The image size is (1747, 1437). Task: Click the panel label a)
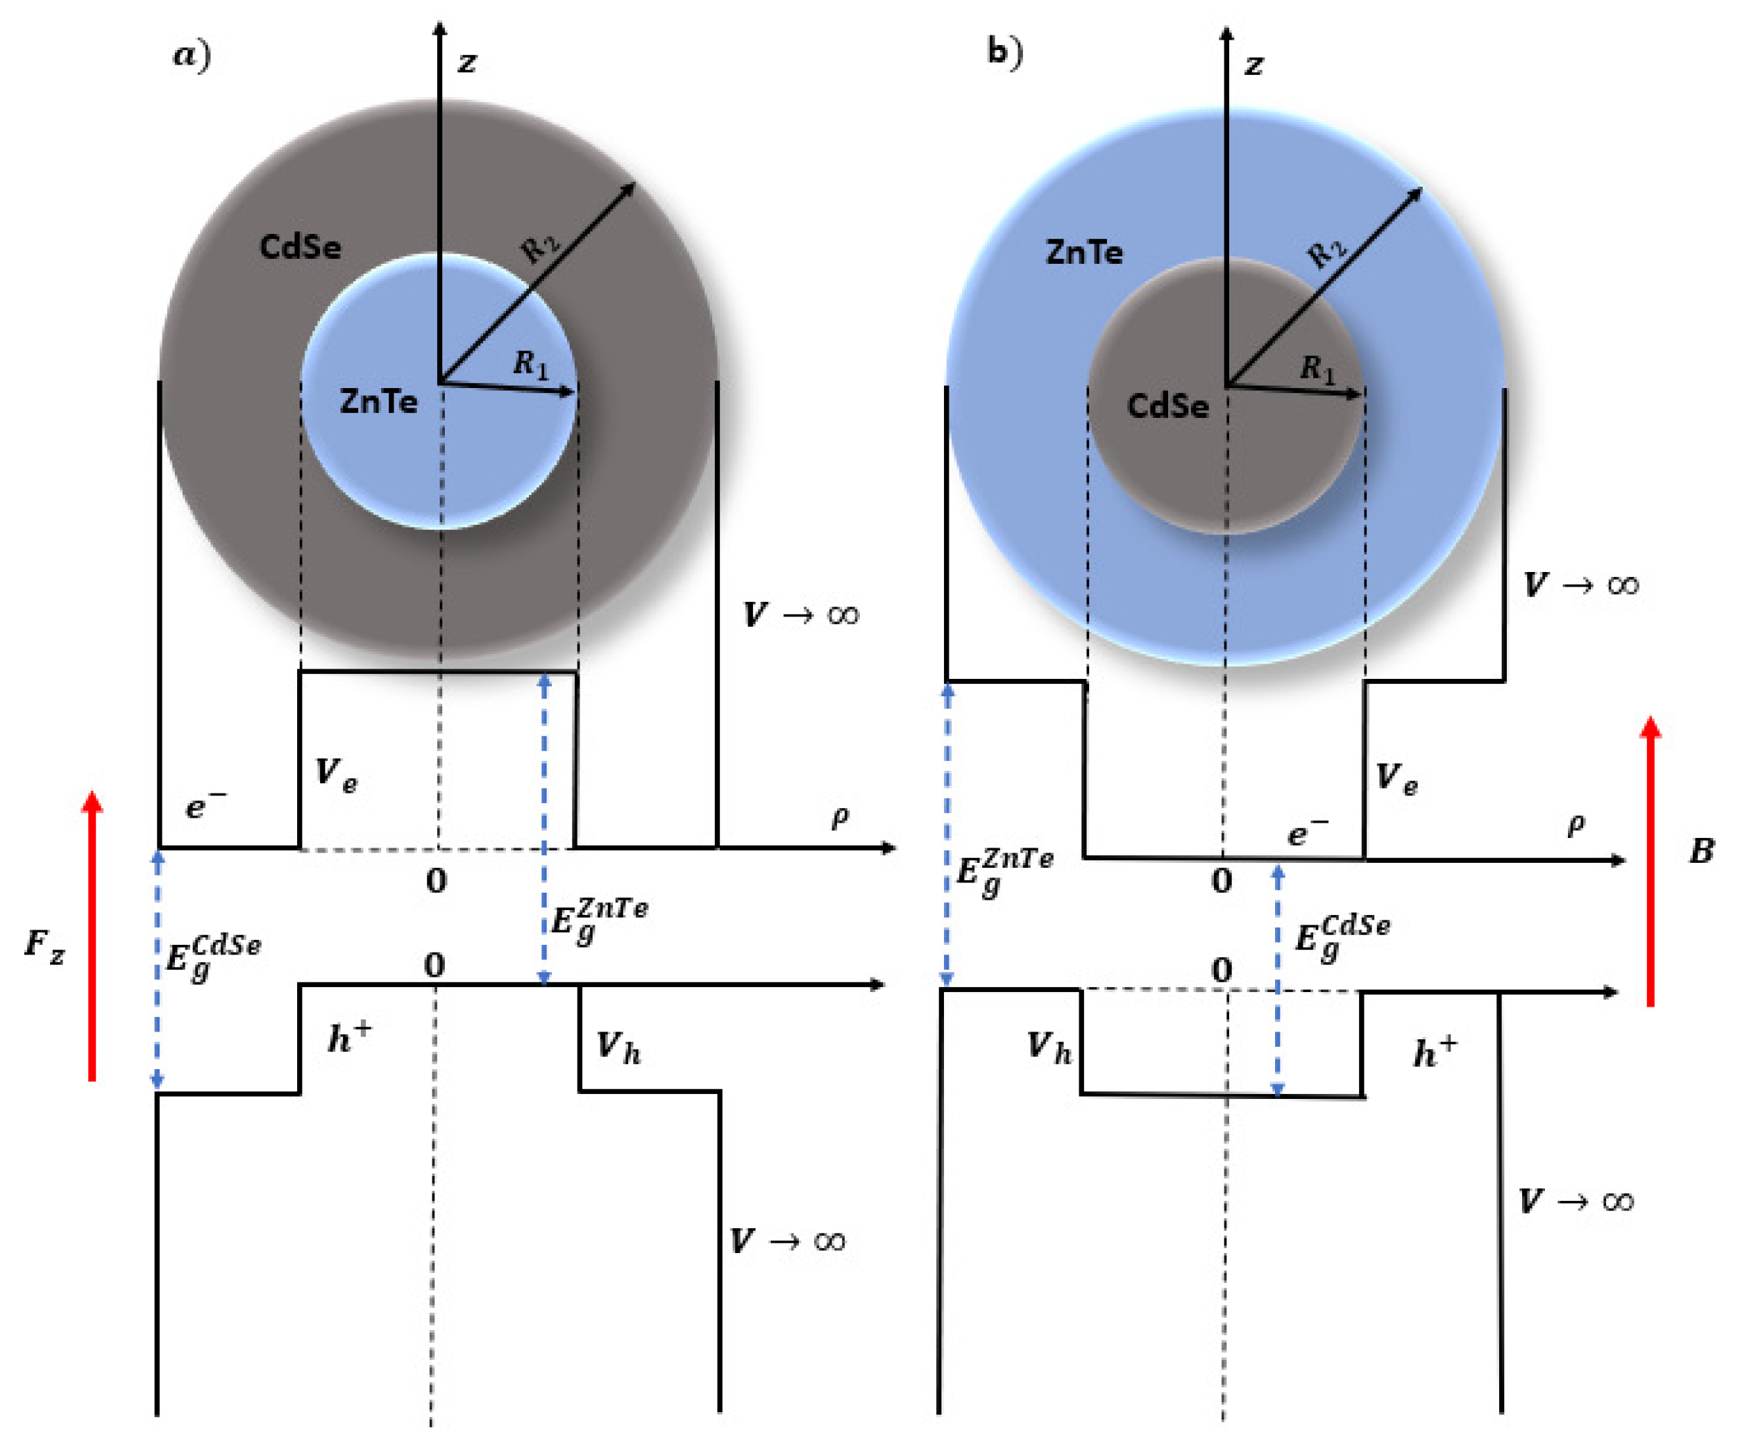(191, 56)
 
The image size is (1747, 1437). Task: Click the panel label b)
(1004, 52)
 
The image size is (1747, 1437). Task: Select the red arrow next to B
(1650, 862)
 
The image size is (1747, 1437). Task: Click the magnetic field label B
(1700, 851)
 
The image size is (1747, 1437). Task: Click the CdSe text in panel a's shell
(300, 246)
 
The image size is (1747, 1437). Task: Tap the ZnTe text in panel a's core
(378, 403)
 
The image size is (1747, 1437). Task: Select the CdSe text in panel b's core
(1167, 406)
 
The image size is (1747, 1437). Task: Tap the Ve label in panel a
(336, 773)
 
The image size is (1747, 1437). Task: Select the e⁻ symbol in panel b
(1308, 832)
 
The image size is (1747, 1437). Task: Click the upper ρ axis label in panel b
(1576, 823)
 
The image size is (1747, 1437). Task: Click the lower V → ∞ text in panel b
(1576, 1201)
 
